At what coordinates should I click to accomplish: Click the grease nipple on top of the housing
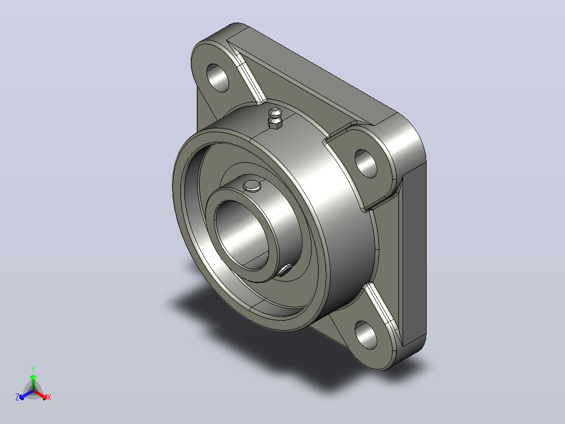[x=275, y=118]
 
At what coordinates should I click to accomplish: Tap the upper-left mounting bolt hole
[x=218, y=78]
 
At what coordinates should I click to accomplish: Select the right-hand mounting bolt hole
[x=366, y=164]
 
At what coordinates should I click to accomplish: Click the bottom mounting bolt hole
[x=366, y=335]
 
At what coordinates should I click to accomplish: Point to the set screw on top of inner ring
[x=252, y=185]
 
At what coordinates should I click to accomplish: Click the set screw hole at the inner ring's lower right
[x=285, y=270]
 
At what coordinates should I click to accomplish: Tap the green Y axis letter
[x=33, y=369]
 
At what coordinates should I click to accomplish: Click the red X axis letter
[x=49, y=397]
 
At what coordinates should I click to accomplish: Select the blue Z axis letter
[x=17, y=397]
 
